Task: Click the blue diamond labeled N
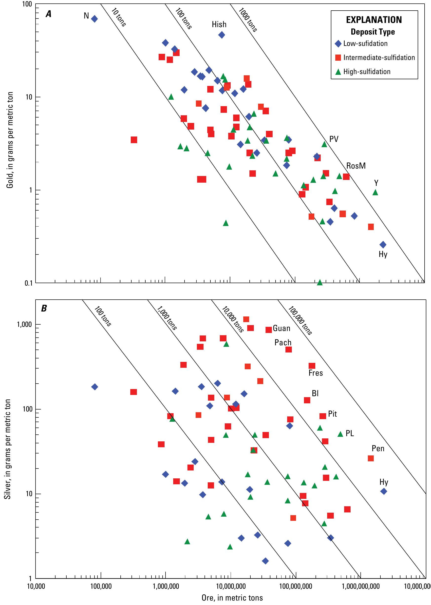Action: (94, 19)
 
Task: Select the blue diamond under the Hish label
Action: (222, 35)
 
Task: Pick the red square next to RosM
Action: (346, 176)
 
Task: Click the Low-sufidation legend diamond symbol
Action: (338, 44)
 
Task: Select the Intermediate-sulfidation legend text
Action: (379, 58)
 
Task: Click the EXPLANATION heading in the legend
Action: (374, 20)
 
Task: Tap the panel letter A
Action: (49, 14)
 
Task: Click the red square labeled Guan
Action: (269, 330)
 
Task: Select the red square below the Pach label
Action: (288, 350)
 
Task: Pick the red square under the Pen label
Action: (371, 458)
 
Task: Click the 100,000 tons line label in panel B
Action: (300, 320)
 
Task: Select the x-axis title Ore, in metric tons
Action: (232, 598)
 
